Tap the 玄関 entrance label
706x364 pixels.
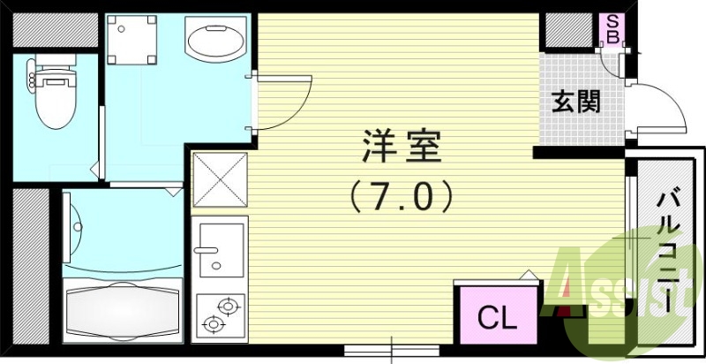tap(577, 102)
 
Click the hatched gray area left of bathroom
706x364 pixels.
tap(32, 265)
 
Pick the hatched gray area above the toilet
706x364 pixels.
tap(55, 31)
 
